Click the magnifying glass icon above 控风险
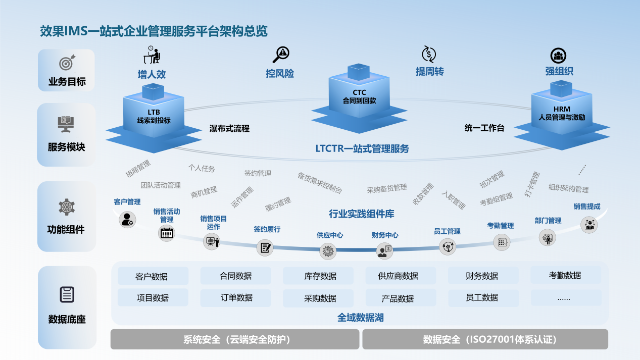280,54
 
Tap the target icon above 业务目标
67,63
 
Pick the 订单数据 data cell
236,297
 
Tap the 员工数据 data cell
482,298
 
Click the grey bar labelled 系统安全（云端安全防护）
235,339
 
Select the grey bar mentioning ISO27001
485,339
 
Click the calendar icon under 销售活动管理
167,233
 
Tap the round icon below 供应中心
328,250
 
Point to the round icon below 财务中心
384,250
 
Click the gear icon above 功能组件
67,207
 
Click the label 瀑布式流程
229,128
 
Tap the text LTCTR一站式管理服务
362,148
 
